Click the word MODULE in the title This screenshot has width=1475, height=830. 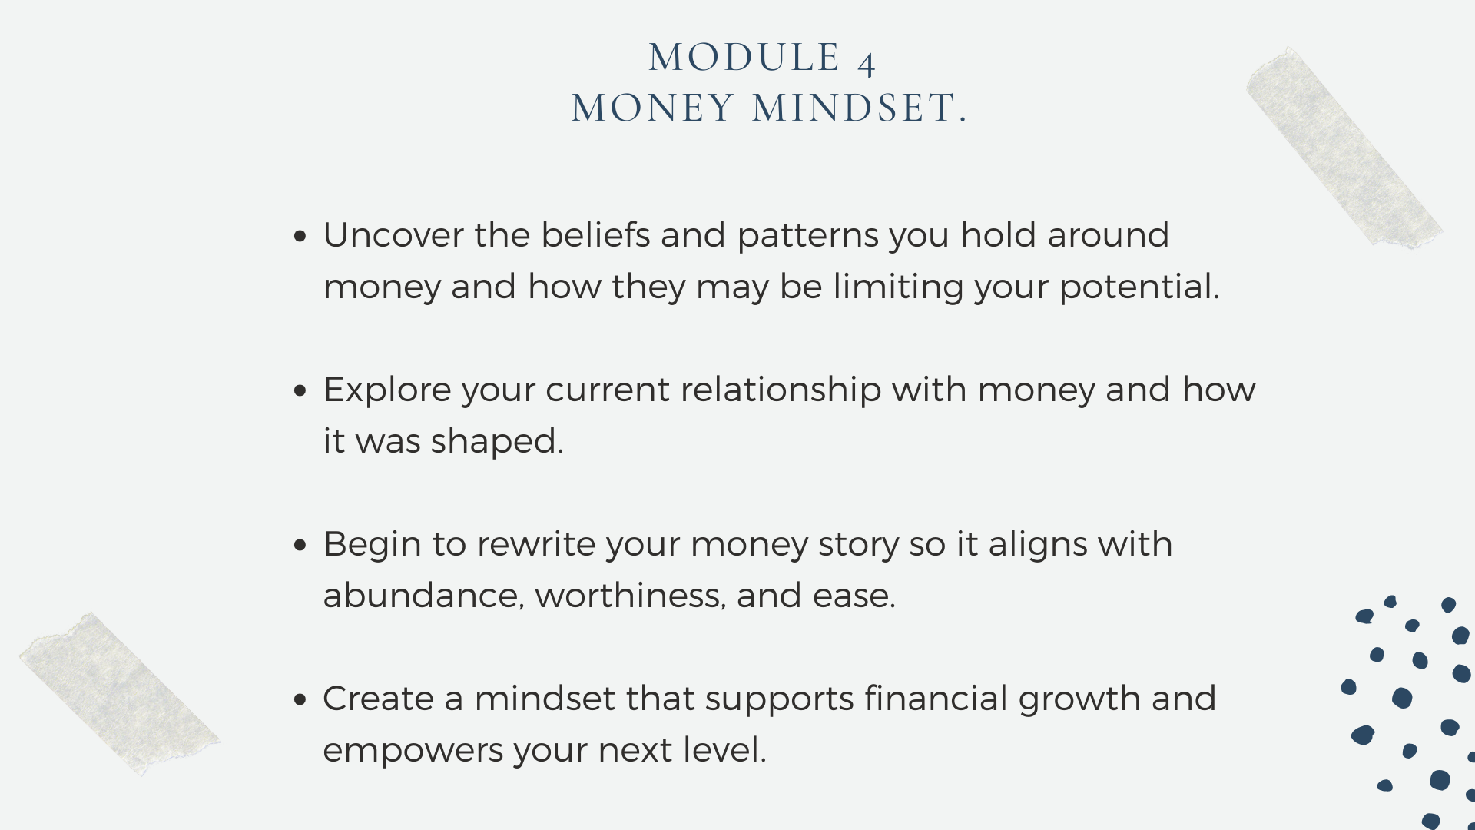tap(744, 58)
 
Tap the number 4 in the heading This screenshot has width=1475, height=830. tap(867, 63)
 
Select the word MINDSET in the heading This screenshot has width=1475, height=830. tap(854, 108)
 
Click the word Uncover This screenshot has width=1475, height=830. tap(393, 235)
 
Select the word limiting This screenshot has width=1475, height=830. tap(898, 287)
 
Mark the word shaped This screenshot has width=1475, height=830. tap(496, 442)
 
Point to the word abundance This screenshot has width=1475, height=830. tap(423, 596)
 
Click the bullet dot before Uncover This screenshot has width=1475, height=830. tap(300, 236)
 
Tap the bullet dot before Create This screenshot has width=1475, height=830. tap(300, 699)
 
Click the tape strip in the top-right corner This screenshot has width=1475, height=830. tap(1344, 148)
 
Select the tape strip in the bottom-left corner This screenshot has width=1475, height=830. tap(120, 693)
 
